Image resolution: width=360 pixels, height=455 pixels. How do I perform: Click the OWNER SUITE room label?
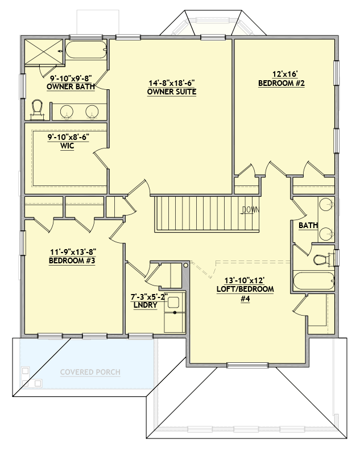[x=172, y=92]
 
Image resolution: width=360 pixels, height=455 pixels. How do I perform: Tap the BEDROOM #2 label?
[x=282, y=83]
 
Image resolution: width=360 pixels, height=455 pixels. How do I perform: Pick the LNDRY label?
[x=146, y=305]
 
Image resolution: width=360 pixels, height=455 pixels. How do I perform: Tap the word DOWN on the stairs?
[x=250, y=209]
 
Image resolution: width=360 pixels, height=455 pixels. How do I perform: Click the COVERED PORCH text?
[x=90, y=373]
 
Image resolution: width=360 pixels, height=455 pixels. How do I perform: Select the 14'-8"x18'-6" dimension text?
[x=172, y=82]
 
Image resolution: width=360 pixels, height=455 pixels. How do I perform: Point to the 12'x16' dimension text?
[x=282, y=74]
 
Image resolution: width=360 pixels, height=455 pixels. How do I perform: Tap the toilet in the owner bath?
[x=38, y=109]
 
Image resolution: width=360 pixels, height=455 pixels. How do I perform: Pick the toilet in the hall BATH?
[x=322, y=260]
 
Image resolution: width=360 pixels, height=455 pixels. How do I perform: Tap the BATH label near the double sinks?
[x=308, y=226]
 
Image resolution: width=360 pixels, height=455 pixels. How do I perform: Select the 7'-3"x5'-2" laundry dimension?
[x=146, y=296]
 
